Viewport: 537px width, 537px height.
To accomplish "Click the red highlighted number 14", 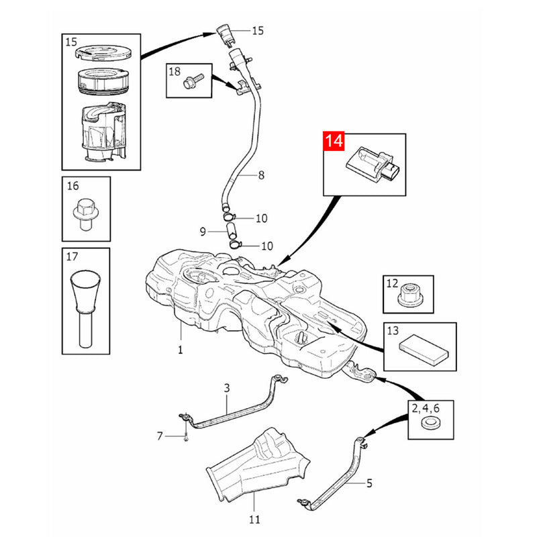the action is (x=334, y=141).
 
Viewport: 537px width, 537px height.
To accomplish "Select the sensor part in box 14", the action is (x=373, y=164).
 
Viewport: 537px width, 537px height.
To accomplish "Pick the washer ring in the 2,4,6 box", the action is (x=430, y=423).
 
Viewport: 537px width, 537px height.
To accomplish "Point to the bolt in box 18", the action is (x=193, y=81).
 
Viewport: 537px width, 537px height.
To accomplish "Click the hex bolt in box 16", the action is (x=85, y=214).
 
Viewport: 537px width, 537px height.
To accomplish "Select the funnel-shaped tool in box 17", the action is (x=85, y=308).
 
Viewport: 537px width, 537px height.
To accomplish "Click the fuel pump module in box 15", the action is (x=103, y=132).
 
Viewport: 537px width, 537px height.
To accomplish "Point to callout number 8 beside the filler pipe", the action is (x=261, y=175).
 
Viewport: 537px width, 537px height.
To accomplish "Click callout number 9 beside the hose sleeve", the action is (x=203, y=232).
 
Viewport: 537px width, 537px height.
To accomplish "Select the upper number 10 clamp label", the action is (x=261, y=218).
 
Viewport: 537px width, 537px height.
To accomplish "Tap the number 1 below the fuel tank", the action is (x=180, y=350).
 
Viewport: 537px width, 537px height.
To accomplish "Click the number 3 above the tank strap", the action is (x=227, y=388).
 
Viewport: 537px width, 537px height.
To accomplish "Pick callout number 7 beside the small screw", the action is (x=160, y=436).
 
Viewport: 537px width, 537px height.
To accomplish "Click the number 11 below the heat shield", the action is (x=254, y=519).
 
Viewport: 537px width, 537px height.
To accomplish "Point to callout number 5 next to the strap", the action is (x=369, y=483).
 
